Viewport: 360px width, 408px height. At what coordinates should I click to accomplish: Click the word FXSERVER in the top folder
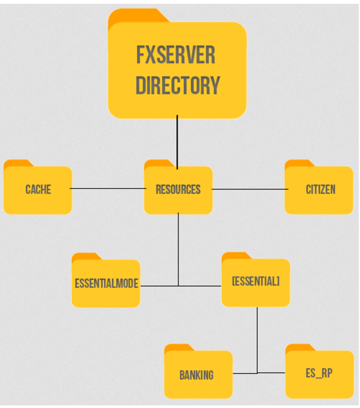tap(176, 55)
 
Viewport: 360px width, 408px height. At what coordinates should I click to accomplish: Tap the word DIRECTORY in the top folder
tap(178, 85)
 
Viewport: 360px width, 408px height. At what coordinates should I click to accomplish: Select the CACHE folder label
tap(39, 190)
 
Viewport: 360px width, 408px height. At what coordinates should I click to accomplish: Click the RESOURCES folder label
tap(178, 190)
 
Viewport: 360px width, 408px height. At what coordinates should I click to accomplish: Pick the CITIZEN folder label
tap(321, 190)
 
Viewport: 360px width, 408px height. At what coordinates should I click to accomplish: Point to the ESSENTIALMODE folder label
tap(107, 283)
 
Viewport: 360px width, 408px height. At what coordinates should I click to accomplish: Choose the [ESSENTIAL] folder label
tap(256, 281)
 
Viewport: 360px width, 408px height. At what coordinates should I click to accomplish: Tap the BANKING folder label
tap(197, 375)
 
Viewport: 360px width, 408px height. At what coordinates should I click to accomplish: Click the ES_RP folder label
tap(319, 373)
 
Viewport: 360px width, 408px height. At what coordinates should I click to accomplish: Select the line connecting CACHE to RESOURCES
tap(108, 188)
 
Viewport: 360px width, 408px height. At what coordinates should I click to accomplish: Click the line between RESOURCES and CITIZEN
tap(250, 189)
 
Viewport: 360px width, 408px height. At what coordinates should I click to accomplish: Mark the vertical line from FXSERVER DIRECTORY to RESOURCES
tap(177, 143)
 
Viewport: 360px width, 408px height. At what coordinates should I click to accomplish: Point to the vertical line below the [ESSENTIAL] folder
tap(257, 341)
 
